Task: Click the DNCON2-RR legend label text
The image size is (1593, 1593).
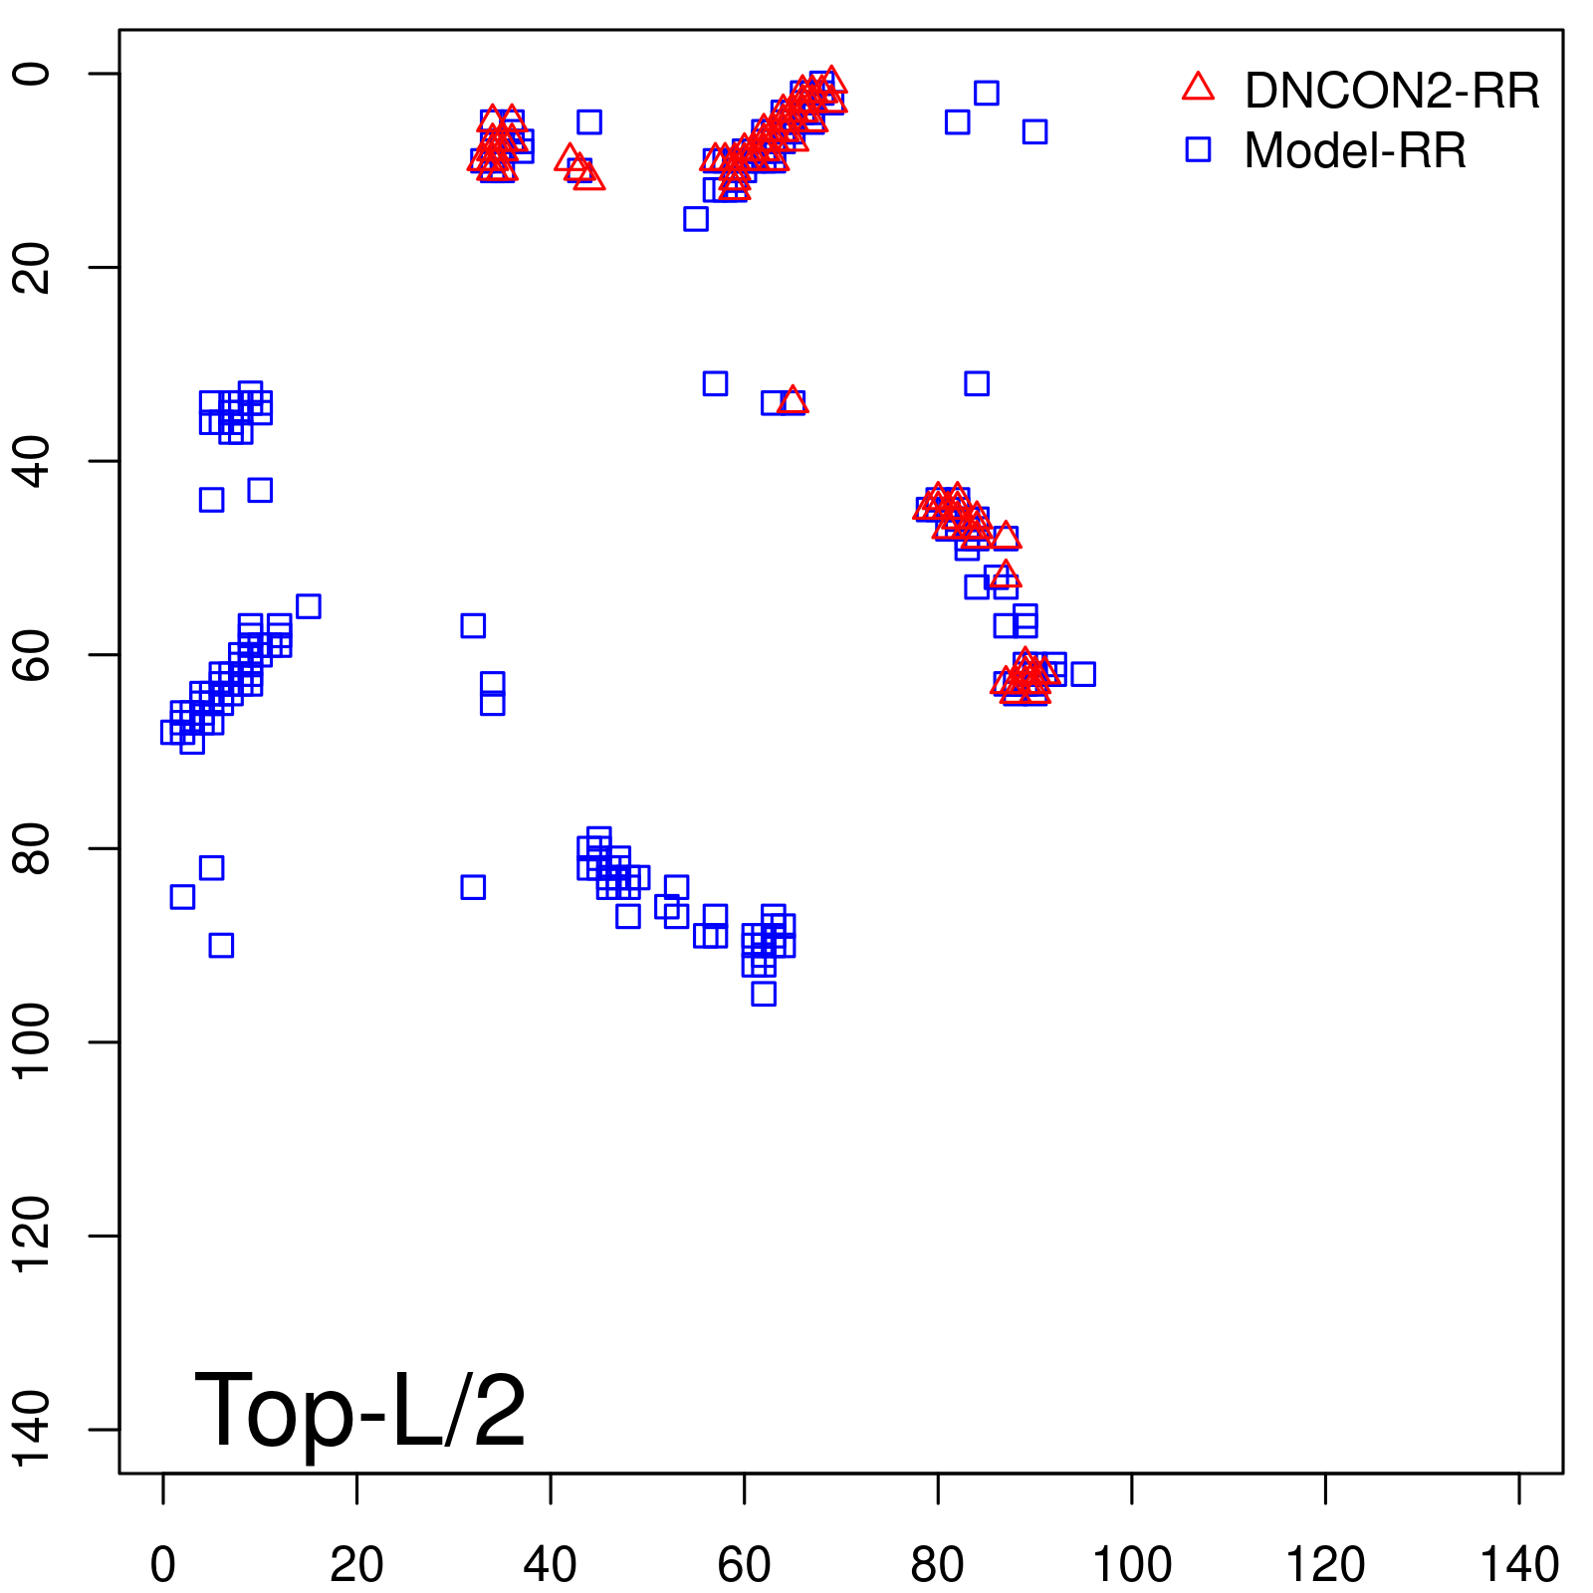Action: (1391, 91)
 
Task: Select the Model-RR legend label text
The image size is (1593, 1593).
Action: (1355, 151)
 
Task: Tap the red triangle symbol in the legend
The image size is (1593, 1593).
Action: (1198, 88)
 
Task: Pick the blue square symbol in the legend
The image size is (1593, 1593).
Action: (1198, 150)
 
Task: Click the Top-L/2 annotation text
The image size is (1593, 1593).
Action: (359, 1410)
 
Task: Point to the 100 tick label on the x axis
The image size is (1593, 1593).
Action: (1132, 1565)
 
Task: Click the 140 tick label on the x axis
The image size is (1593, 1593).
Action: (1519, 1565)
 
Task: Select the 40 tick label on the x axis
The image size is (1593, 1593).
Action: (551, 1565)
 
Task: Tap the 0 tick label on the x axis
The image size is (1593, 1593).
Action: (163, 1565)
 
